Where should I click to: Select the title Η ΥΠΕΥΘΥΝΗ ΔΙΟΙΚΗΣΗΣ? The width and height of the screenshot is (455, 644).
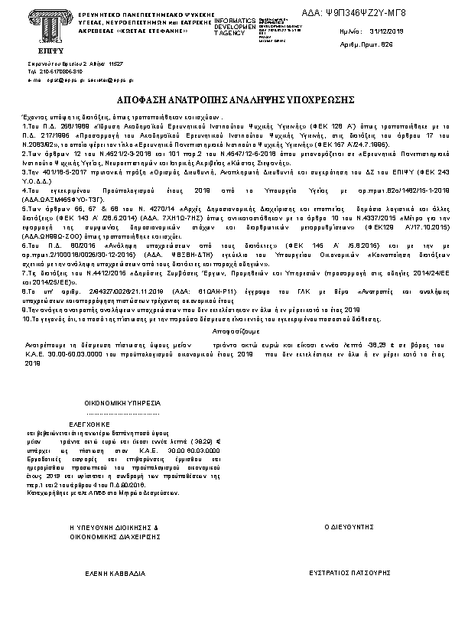point(113,528)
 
